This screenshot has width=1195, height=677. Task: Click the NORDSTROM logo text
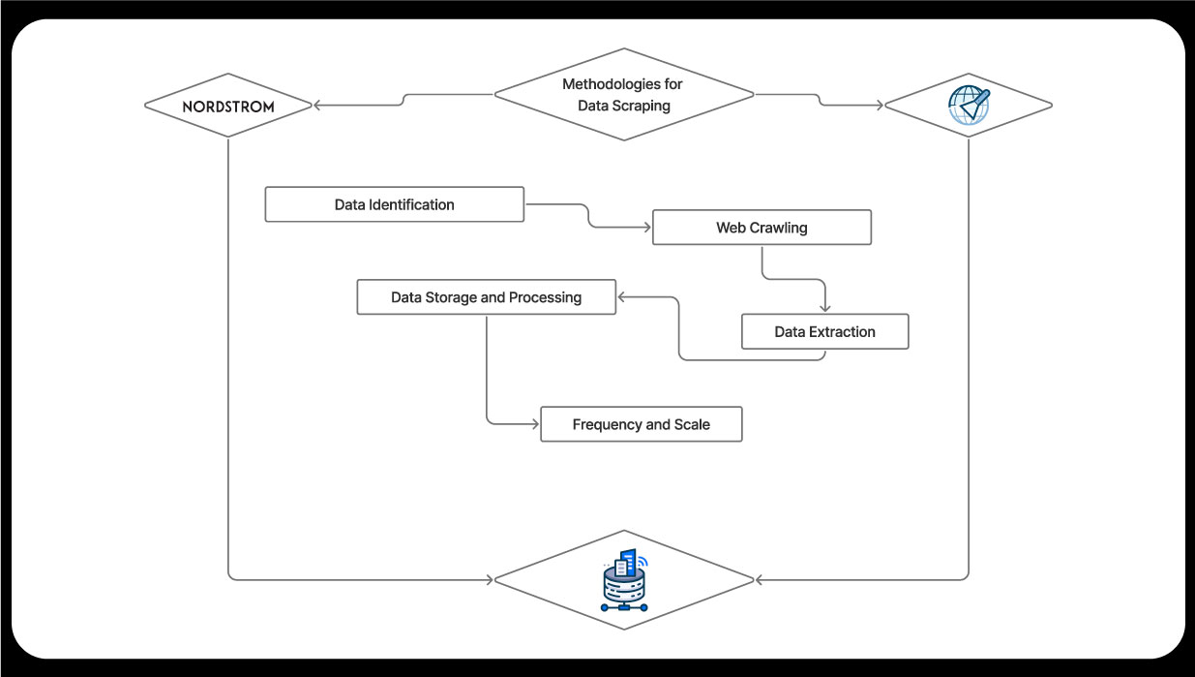tap(228, 106)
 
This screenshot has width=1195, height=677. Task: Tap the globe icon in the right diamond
tap(969, 105)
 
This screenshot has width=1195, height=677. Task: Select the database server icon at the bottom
tap(624, 580)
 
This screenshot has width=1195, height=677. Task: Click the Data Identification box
tap(394, 204)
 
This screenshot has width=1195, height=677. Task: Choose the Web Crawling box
tap(762, 228)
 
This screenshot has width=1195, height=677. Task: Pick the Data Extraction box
tap(824, 331)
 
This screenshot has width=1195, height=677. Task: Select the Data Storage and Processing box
tap(486, 297)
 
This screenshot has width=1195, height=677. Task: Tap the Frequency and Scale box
tap(641, 424)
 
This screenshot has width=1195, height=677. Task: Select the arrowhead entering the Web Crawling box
tap(646, 228)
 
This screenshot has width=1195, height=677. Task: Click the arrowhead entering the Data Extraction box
tap(824, 308)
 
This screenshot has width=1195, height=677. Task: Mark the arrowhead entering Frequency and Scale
tap(534, 424)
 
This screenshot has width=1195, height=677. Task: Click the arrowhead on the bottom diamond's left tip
tap(489, 580)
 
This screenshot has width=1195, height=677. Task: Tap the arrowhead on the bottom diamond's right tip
tap(760, 580)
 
